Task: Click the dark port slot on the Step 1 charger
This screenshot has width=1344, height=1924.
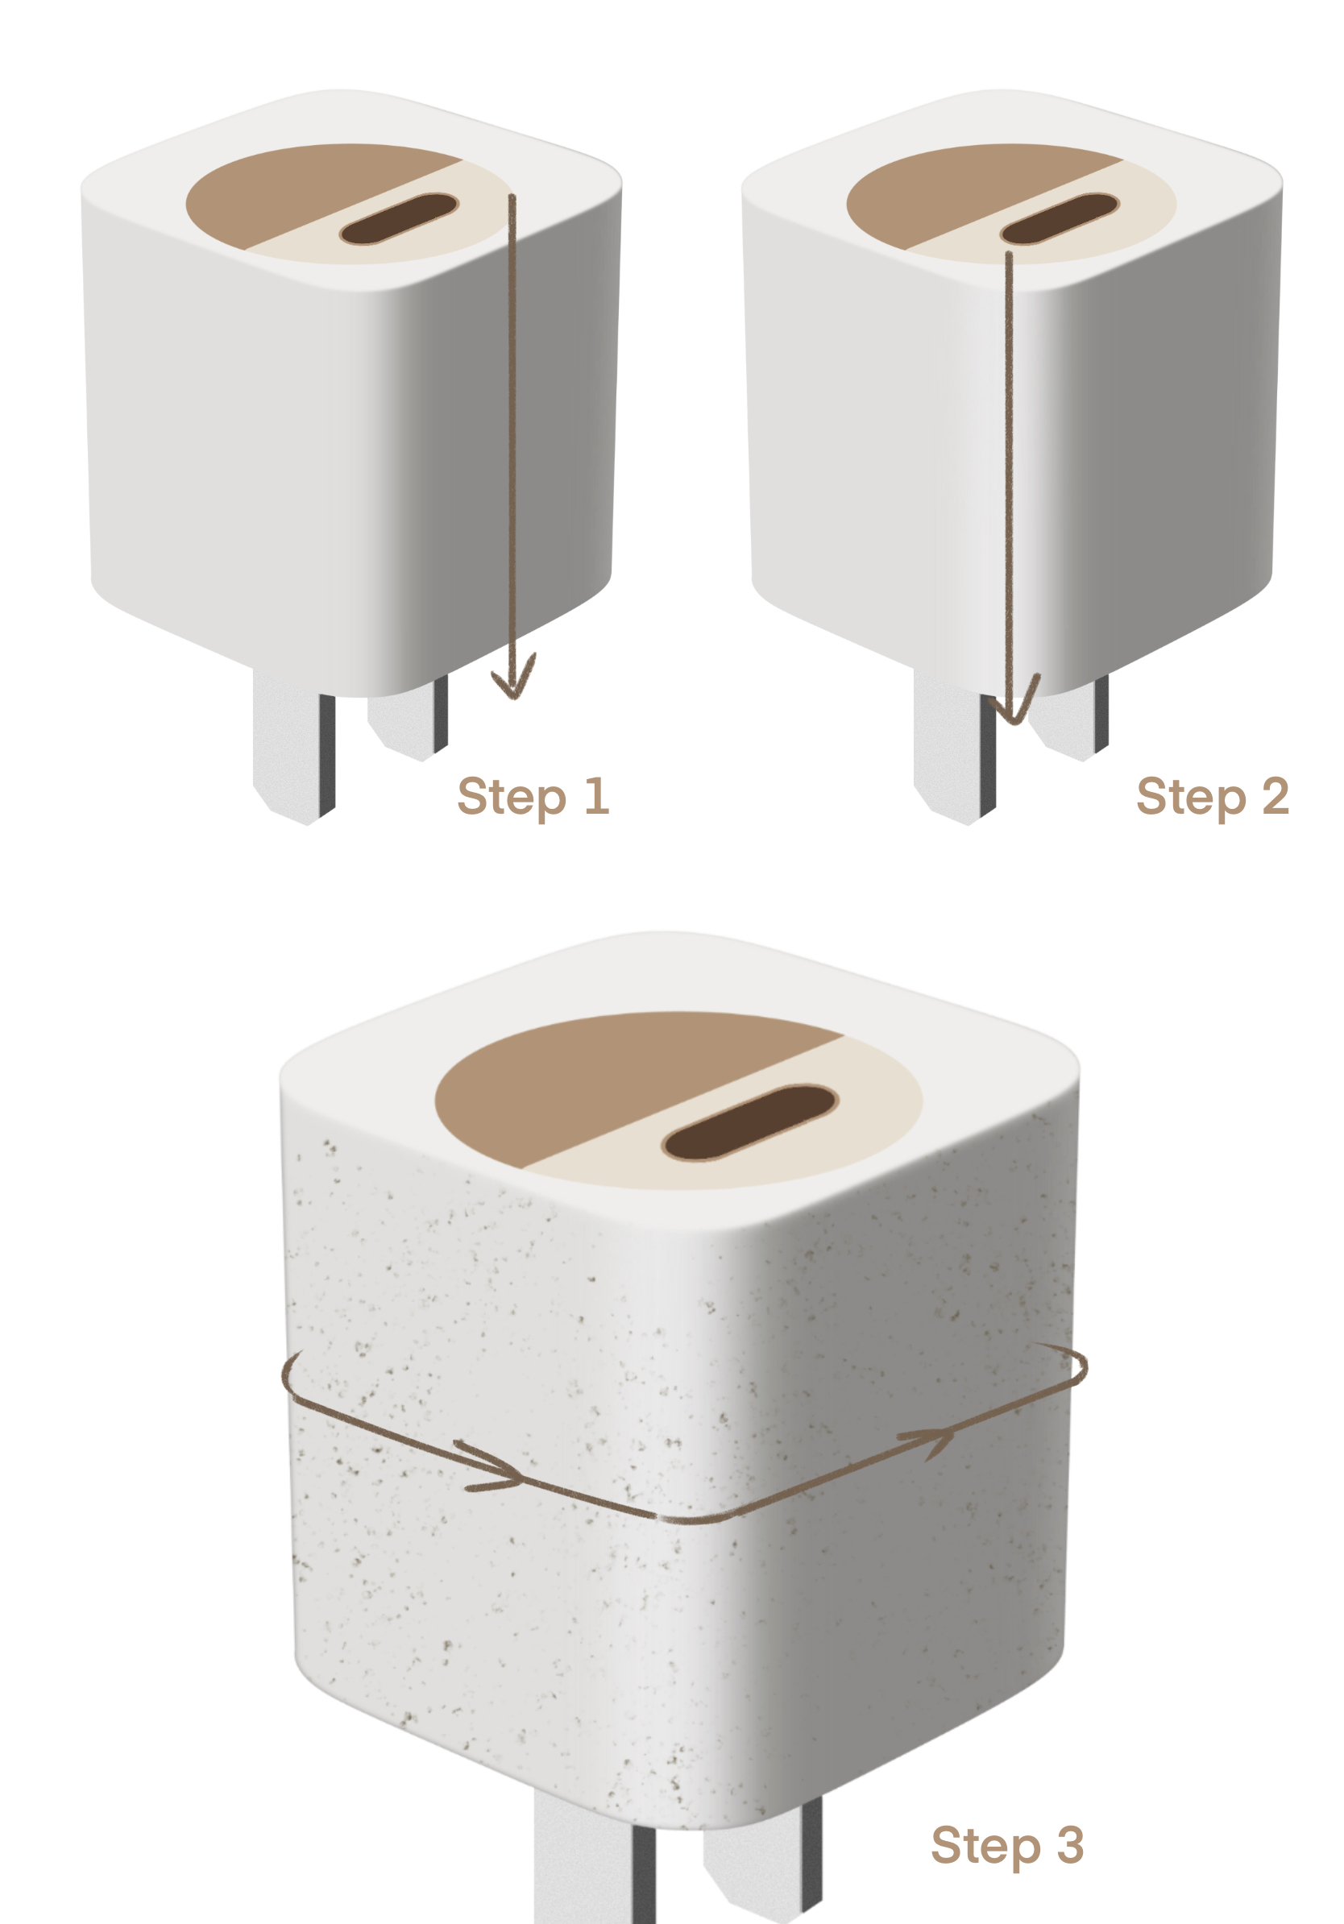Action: [398, 218]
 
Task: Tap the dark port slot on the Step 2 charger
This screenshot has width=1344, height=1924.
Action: [1060, 218]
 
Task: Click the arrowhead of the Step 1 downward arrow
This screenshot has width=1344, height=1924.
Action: [512, 681]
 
